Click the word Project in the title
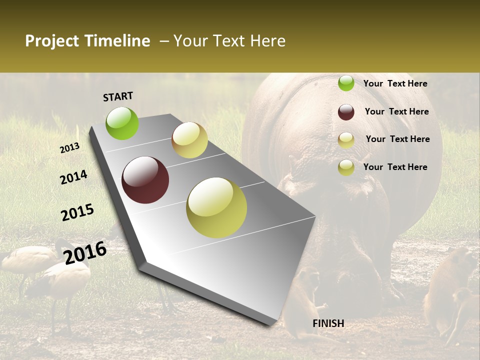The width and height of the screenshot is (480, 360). tap(52, 41)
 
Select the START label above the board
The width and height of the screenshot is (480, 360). tap(118, 96)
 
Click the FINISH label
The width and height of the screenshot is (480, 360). tap(328, 323)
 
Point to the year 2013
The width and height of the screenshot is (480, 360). tap(69, 147)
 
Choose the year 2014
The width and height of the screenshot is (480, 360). tap(73, 177)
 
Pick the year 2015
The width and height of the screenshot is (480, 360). tap(77, 212)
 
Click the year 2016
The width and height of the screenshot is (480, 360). tap(85, 252)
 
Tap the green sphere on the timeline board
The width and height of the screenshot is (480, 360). tap(122, 123)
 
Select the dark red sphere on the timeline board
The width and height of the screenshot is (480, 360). tap(145, 180)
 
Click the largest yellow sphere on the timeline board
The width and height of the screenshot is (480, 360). tap(216, 207)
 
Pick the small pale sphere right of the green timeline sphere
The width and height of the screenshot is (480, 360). tap(189, 140)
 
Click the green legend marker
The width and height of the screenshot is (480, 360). tap(346, 83)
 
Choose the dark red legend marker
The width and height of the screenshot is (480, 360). tap(346, 112)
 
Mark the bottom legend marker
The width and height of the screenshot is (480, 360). tap(346, 167)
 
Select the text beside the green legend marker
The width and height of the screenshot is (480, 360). tap(395, 83)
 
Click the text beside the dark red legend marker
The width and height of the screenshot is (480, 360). tap(396, 111)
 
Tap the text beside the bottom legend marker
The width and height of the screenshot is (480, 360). tap(395, 167)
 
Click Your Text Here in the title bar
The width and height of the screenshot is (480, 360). tap(229, 41)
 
